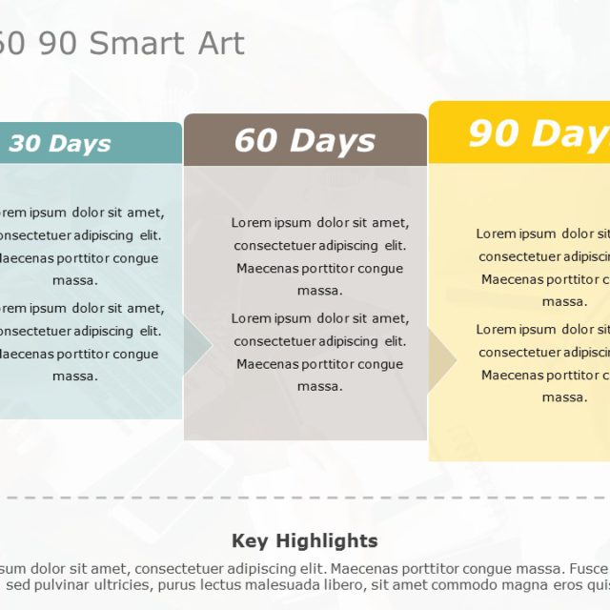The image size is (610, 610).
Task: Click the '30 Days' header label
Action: point(60,144)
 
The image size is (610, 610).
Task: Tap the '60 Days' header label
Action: point(304,141)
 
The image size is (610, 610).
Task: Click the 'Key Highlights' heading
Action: point(304,541)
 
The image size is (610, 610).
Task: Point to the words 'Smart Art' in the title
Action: point(181,44)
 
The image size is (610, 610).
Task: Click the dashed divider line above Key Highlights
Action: point(305,498)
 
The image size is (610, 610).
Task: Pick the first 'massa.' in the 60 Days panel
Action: point(319,291)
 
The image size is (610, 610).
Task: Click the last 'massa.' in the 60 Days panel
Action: point(319,387)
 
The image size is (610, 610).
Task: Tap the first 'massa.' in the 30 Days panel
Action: point(74,280)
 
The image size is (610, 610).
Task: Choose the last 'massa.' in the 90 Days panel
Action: point(564,397)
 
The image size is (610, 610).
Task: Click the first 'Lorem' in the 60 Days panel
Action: point(251,223)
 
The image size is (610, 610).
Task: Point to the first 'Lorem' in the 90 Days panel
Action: point(496,234)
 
